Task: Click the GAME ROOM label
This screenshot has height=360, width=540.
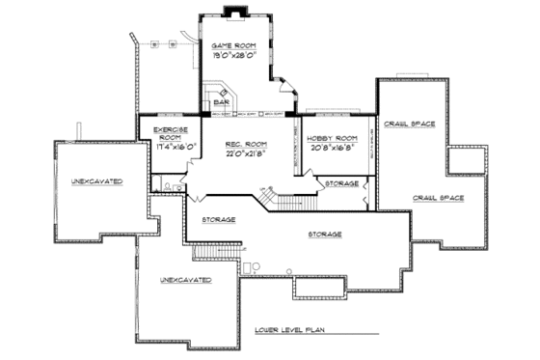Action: coord(232,45)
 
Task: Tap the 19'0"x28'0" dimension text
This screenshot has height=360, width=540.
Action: coord(232,56)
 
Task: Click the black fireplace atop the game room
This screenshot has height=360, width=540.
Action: coord(232,12)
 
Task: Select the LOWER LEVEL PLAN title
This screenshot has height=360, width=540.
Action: coord(293,329)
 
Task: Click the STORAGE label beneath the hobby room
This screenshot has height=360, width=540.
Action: coord(341,182)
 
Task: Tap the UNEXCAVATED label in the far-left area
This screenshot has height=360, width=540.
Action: coord(96,180)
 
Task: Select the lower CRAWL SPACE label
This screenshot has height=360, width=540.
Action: coord(439,197)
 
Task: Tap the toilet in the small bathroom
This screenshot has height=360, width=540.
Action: coord(168,185)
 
